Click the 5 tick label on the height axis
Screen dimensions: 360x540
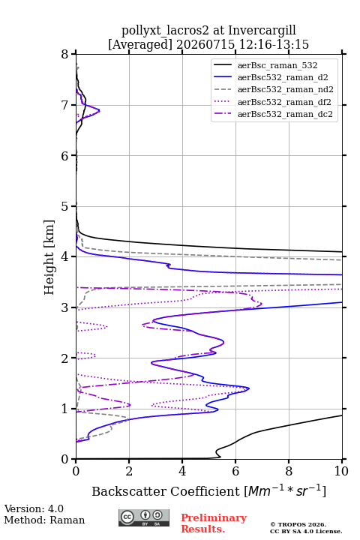point(64,207)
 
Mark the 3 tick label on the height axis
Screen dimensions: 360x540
point(64,307)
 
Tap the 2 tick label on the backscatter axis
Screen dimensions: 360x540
point(129,471)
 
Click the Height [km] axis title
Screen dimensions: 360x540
point(49,257)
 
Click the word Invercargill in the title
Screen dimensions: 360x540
point(262,30)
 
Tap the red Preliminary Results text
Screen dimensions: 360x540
point(214,523)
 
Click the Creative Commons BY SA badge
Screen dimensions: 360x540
point(144,518)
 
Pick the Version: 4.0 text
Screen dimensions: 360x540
point(34,508)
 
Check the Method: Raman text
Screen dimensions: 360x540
point(44,520)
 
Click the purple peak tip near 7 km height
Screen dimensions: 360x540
point(99,110)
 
